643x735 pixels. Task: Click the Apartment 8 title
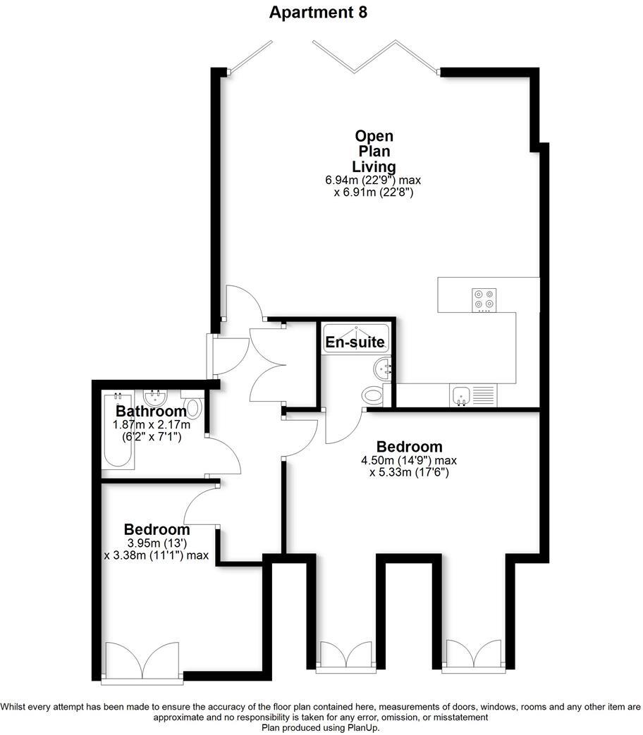318,12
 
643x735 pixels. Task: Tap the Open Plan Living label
374,152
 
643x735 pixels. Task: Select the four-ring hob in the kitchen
484,299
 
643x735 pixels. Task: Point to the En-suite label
355,343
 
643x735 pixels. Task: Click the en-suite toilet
373,395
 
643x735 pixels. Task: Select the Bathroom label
152,411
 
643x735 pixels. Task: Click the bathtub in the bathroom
117,431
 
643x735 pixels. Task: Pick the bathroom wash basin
154,398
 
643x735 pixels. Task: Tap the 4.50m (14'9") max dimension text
409,461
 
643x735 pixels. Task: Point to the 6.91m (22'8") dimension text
373,192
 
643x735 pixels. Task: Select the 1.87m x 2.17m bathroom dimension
152,426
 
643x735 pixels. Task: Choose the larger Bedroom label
409,446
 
